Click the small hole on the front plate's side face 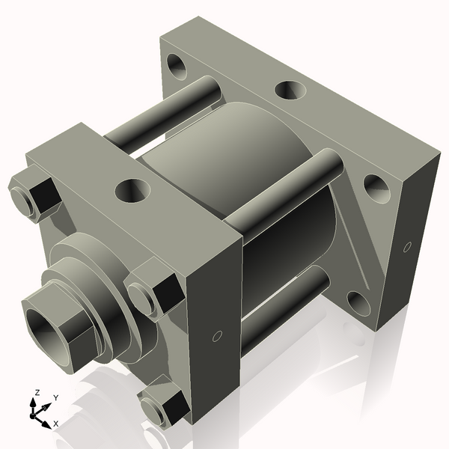(x=217, y=336)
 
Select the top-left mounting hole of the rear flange (x=178, y=66)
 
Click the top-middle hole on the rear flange (x=289, y=91)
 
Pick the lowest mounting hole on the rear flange (x=358, y=303)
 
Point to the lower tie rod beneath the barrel (x=284, y=311)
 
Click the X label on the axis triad (x=56, y=424)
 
